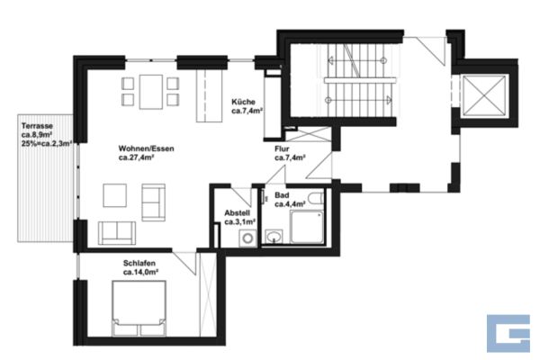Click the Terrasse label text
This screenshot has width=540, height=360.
tap(37, 126)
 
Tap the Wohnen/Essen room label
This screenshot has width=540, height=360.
tap(147, 148)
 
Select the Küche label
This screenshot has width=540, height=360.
tap(244, 102)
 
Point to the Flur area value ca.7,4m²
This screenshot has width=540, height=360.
tap(291, 157)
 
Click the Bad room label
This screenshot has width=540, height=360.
tap(282, 195)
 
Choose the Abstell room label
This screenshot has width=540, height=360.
tap(237, 213)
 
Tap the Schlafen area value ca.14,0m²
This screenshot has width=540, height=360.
tap(140, 272)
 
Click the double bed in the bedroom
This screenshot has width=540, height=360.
tap(139, 309)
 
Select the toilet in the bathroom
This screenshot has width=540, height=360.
tap(316, 198)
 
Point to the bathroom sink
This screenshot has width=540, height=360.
tap(274, 237)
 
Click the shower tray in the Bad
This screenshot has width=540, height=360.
tap(307, 227)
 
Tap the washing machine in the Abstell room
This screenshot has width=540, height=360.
tap(247, 238)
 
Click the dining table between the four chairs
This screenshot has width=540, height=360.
tap(151, 92)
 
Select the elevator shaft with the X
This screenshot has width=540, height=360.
tap(484, 94)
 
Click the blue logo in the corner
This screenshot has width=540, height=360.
tap(508, 333)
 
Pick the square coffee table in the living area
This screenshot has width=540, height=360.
tap(114, 195)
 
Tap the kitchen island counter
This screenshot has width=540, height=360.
tap(209, 95)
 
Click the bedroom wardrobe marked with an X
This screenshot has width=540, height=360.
tap(208, 294)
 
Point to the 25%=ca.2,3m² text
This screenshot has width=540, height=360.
tap(47, 144)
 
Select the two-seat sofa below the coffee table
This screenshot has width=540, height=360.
tap(117, 233)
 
